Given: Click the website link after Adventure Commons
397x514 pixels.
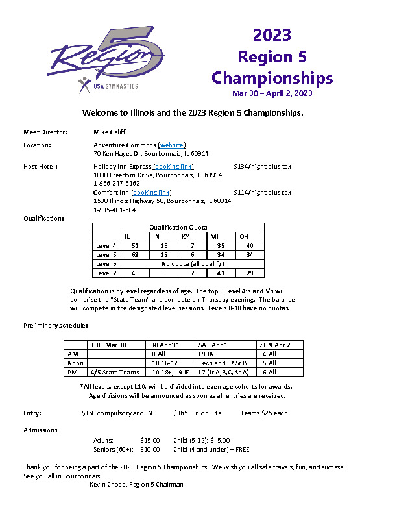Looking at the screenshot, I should click(x=172, y=145).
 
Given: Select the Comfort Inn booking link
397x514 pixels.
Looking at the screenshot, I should click(x=151, y=193).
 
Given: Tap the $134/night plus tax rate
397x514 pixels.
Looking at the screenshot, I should click(x=262, y=167).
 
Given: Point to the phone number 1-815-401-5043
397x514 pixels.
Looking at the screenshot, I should click(x=117, y=210).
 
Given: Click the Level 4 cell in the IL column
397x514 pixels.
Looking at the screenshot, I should click(x=135, y=246).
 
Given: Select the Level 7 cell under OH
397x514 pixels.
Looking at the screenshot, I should click(x=250, y=273).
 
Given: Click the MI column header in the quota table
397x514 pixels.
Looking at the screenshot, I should click(x=221, y=237).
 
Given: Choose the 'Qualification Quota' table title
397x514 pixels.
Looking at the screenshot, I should click(x=178, y=228).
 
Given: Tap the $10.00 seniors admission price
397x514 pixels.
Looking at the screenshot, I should click(x=150, y=449).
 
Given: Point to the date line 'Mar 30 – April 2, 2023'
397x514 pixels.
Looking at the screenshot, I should click(x=272, y=93).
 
